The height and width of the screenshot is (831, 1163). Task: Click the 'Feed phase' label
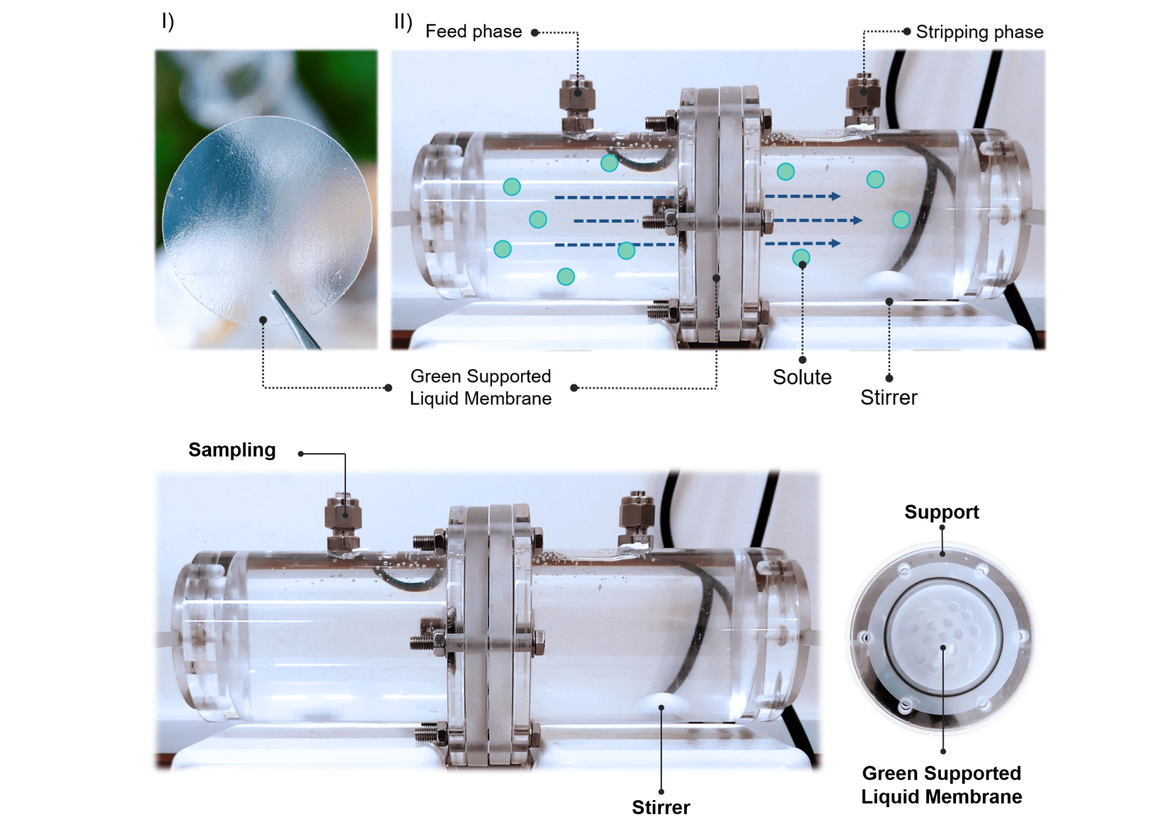click(473, 31)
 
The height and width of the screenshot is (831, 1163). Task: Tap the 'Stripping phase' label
click(979, 32)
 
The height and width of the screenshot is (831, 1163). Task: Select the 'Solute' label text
click(802, 377)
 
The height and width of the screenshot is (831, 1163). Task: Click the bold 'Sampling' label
click(232, 450)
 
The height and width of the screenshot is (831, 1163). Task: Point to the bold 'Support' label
click(941, 512)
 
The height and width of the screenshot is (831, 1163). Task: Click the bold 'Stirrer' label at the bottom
click(661, 807)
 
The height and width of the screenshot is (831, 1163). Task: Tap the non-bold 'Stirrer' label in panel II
click(889, 398)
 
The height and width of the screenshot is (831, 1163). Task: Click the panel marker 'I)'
click(167, 21)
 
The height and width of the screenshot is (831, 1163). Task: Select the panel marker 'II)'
click(403, 22)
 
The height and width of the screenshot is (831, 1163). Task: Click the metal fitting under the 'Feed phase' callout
click(577, 105)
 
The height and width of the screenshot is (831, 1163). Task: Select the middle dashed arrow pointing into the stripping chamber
click(817, 220)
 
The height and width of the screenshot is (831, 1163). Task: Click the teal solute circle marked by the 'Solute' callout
click(801, 257)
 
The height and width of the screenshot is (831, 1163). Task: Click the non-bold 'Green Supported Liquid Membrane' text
click(480, 387)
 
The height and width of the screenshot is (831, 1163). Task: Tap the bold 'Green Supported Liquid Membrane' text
click(941, 785)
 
